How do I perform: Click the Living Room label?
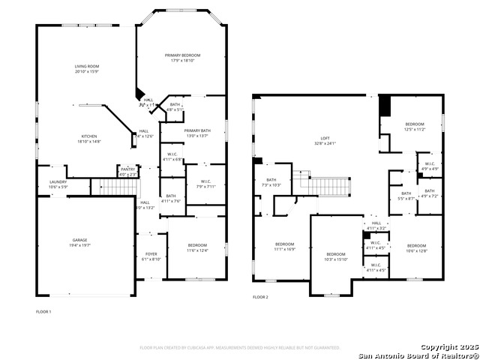(x=86, y=69)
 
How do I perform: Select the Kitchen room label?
(x=89, y=138)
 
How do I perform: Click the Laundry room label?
(x=58, y=184)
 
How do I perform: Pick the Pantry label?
(x=128, y=172)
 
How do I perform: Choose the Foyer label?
(x=151, y=256)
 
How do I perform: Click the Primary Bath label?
(x=183, y=133)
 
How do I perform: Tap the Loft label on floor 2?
(x=325, y=140)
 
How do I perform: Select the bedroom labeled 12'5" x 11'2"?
(x=415, y=126)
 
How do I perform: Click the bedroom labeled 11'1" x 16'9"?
(x=284, y=247)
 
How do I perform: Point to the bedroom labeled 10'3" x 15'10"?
(x=335, y=256)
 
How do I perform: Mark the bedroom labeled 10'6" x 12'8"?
(x=416, y=248)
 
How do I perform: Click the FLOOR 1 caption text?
(x=43, y=311)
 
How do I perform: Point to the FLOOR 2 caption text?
(x=259, y=298)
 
